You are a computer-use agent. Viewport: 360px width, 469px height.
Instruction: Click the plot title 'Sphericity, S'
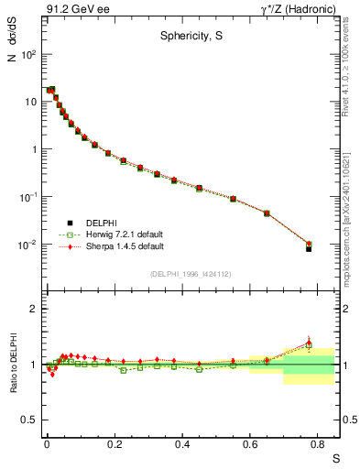point(188,38)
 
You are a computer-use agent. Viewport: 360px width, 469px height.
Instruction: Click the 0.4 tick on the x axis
point(184,446)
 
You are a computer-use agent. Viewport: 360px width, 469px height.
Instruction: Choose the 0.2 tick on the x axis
point(115,446)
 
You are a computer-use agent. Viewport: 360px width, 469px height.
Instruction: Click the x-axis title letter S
point(334,458)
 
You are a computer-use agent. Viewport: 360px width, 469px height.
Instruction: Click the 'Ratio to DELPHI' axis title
point(12,365)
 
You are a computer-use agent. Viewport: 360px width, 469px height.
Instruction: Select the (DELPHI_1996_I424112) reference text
point(190,274)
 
